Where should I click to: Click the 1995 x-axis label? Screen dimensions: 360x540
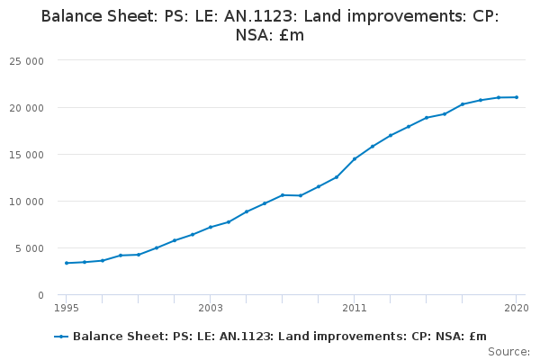(x=66, y=308)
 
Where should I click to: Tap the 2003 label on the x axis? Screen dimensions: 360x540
(x=210, y=308)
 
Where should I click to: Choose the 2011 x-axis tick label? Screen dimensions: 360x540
(x=355, y=308)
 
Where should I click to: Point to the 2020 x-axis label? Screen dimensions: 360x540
(x=517, y=308)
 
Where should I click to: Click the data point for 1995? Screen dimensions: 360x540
(x=67, y=263)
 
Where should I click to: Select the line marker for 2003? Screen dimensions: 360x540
(x=211, y=227)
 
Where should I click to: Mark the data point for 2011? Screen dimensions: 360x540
(x=355, y=159)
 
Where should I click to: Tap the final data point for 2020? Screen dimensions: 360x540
(x=517, y=97)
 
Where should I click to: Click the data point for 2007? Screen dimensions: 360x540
(x=283, y=195)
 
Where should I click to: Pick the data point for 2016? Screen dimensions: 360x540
(x=445, y=113)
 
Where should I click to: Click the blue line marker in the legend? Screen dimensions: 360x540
(x=61, y=337)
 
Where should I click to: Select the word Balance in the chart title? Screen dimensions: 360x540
(x=72, y=16)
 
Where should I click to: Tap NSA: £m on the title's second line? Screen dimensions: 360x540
(x=270, y=36)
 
